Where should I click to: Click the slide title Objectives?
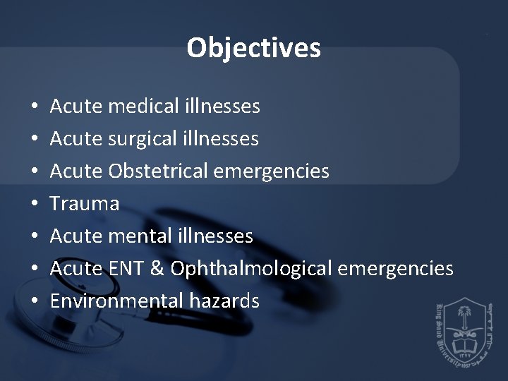coord(254,48)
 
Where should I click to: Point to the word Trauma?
coord(85,204)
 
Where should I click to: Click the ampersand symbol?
coord(158,269)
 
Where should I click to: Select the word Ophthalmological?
coord(252,269)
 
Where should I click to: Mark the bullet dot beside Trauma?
coord(35,205)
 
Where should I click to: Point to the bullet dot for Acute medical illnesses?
coord(35,107)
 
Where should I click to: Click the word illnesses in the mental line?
coord(219,236)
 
